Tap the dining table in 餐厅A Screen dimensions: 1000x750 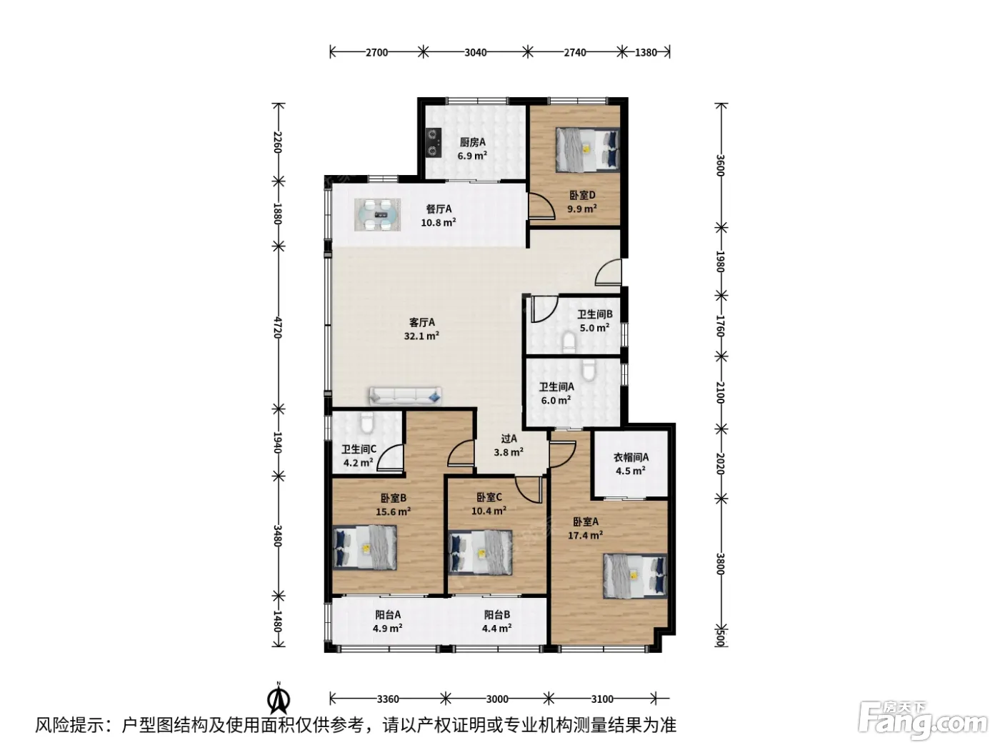(378, 214)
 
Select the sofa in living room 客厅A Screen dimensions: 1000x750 (405, 396)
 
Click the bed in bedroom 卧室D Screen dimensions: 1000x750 (588, 150)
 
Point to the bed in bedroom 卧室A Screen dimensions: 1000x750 (634, 575)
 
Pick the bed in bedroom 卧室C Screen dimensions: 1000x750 (480, 552)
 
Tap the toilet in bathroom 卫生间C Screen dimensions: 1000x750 (366, 422)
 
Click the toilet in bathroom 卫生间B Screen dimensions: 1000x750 (569, 342)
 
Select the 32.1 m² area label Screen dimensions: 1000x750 (421, 336)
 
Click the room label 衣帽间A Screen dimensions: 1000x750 (631, 457)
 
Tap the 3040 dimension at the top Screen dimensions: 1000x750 (475, 53)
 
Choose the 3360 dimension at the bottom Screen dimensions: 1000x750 (388, 699)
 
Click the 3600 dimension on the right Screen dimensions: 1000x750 (720, 165)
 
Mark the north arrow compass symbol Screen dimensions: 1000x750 (279, 699)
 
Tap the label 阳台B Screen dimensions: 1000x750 (496, 615)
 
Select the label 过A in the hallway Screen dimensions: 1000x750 (509, 439)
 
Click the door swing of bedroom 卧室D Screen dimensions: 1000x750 (541, 206)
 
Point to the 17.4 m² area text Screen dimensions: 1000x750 (585, 536)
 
